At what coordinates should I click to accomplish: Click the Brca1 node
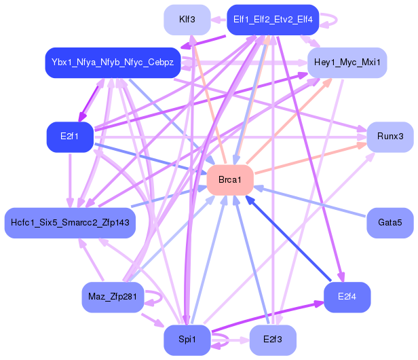(x=230, y=179)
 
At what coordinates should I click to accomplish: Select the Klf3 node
(x=187, y=20)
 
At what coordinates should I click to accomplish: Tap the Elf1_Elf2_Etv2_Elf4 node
(x=273, y=20)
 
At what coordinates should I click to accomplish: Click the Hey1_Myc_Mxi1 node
(x=347, y=63)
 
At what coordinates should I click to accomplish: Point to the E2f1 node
(x=69, y=137)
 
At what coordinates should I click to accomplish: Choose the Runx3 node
(x=389, y=137)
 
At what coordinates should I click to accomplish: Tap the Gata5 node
(x=389, y=223)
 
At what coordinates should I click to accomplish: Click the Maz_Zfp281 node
(x=112, y=296)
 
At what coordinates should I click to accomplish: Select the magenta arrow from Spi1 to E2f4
(x=271, y=319)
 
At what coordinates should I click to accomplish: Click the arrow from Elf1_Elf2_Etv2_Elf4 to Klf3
(x=218, y=20)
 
